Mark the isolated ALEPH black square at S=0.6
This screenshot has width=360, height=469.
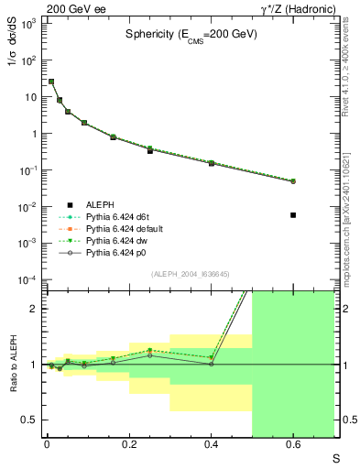point(293,214)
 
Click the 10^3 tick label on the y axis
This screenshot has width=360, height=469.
point(27,23)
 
